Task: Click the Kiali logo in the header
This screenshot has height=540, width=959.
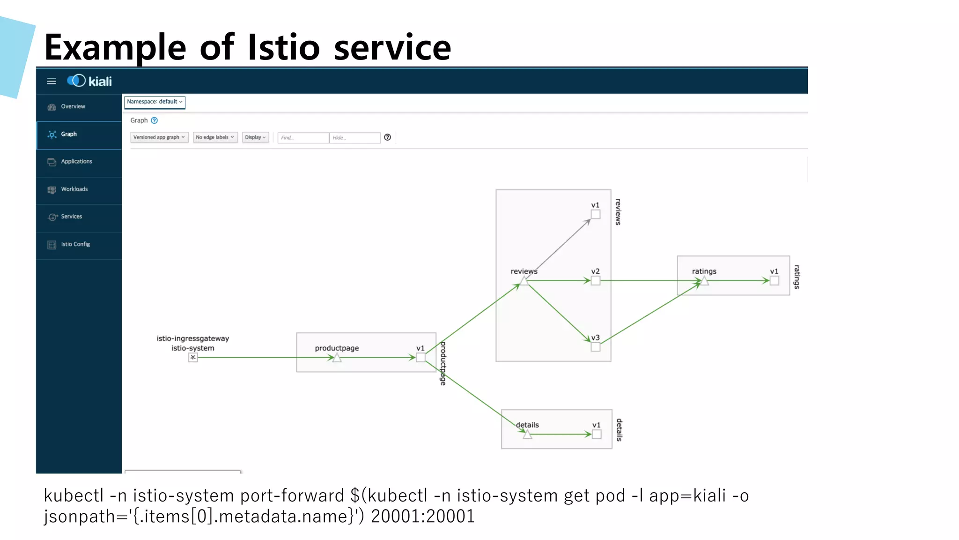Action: [89, 81]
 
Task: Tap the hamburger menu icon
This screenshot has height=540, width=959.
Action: [52, 82]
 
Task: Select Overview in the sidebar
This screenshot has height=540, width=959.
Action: [73, 106]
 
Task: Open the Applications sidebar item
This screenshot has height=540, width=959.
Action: [76, 161]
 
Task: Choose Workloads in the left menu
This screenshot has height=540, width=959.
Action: [74, 189]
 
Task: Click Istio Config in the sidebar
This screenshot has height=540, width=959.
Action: [75, 244]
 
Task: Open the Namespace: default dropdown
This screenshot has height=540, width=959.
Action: [155, 102]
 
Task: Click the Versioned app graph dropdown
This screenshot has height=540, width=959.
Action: [159, 137]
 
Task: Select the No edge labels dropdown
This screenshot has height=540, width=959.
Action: [215, 137]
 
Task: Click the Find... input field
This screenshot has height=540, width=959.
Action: [303, 138]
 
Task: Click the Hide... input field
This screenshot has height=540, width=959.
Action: [354, 138]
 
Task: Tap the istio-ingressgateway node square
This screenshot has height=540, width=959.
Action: [193, 358]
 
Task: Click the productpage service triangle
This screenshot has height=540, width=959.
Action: [337, 358]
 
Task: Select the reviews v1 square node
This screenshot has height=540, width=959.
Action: [595, 215]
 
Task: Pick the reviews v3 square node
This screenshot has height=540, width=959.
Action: [595, 347]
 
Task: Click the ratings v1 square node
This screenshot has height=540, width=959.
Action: [775, 281]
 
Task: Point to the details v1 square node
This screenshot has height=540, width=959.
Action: [597, 435]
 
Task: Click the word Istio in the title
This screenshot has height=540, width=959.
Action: [283, 47]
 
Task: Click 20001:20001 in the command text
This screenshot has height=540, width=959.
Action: [423, 516]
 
